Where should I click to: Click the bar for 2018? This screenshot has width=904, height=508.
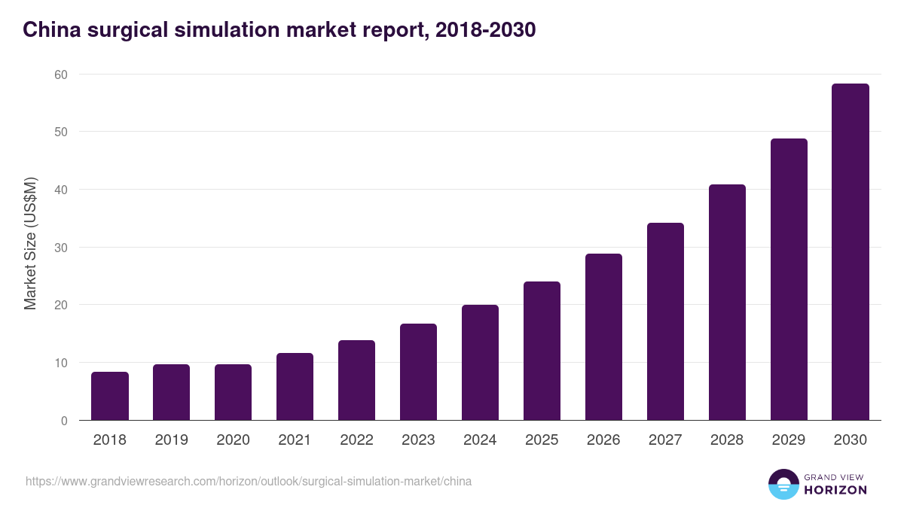click(110, 396)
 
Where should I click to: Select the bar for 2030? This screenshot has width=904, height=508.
click(851, 252)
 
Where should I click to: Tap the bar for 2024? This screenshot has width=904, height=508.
click(480, 363)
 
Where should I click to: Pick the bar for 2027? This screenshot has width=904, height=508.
click(665, 321)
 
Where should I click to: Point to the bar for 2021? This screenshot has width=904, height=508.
click(295, 387)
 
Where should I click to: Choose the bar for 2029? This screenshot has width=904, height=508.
click(789, 279)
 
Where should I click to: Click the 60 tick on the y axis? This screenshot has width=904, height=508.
click(60, 75)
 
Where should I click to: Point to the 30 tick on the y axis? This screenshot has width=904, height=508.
click(60, 248)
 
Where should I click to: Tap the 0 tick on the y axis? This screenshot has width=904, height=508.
click(64, 421)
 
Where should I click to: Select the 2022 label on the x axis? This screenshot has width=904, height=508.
click(356, 440)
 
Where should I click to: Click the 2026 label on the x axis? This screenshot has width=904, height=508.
click(603, 440)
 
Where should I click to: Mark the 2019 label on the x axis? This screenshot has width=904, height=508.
click(171, 440)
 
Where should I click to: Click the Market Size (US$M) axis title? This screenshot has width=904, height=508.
click(30, 242)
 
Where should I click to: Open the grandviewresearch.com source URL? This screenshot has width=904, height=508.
click(249, 481)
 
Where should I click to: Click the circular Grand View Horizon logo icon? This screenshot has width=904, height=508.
click(783, 484)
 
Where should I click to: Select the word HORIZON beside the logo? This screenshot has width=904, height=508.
click(835, 490)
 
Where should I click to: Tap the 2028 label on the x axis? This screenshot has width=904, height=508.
click(727, 440)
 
